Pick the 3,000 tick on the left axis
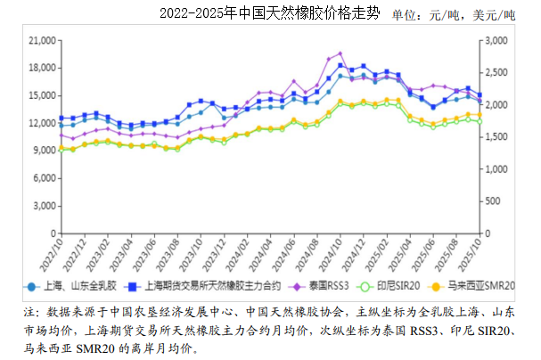(44, 205)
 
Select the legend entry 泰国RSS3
(330, 287)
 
